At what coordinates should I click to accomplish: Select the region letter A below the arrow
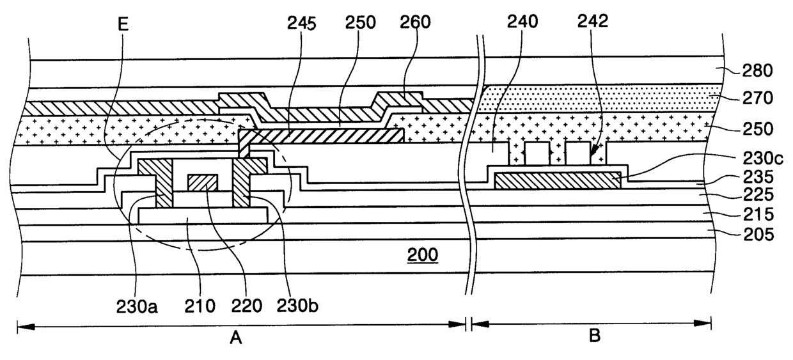pos(235,338)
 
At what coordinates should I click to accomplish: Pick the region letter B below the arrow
pos(594,337)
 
